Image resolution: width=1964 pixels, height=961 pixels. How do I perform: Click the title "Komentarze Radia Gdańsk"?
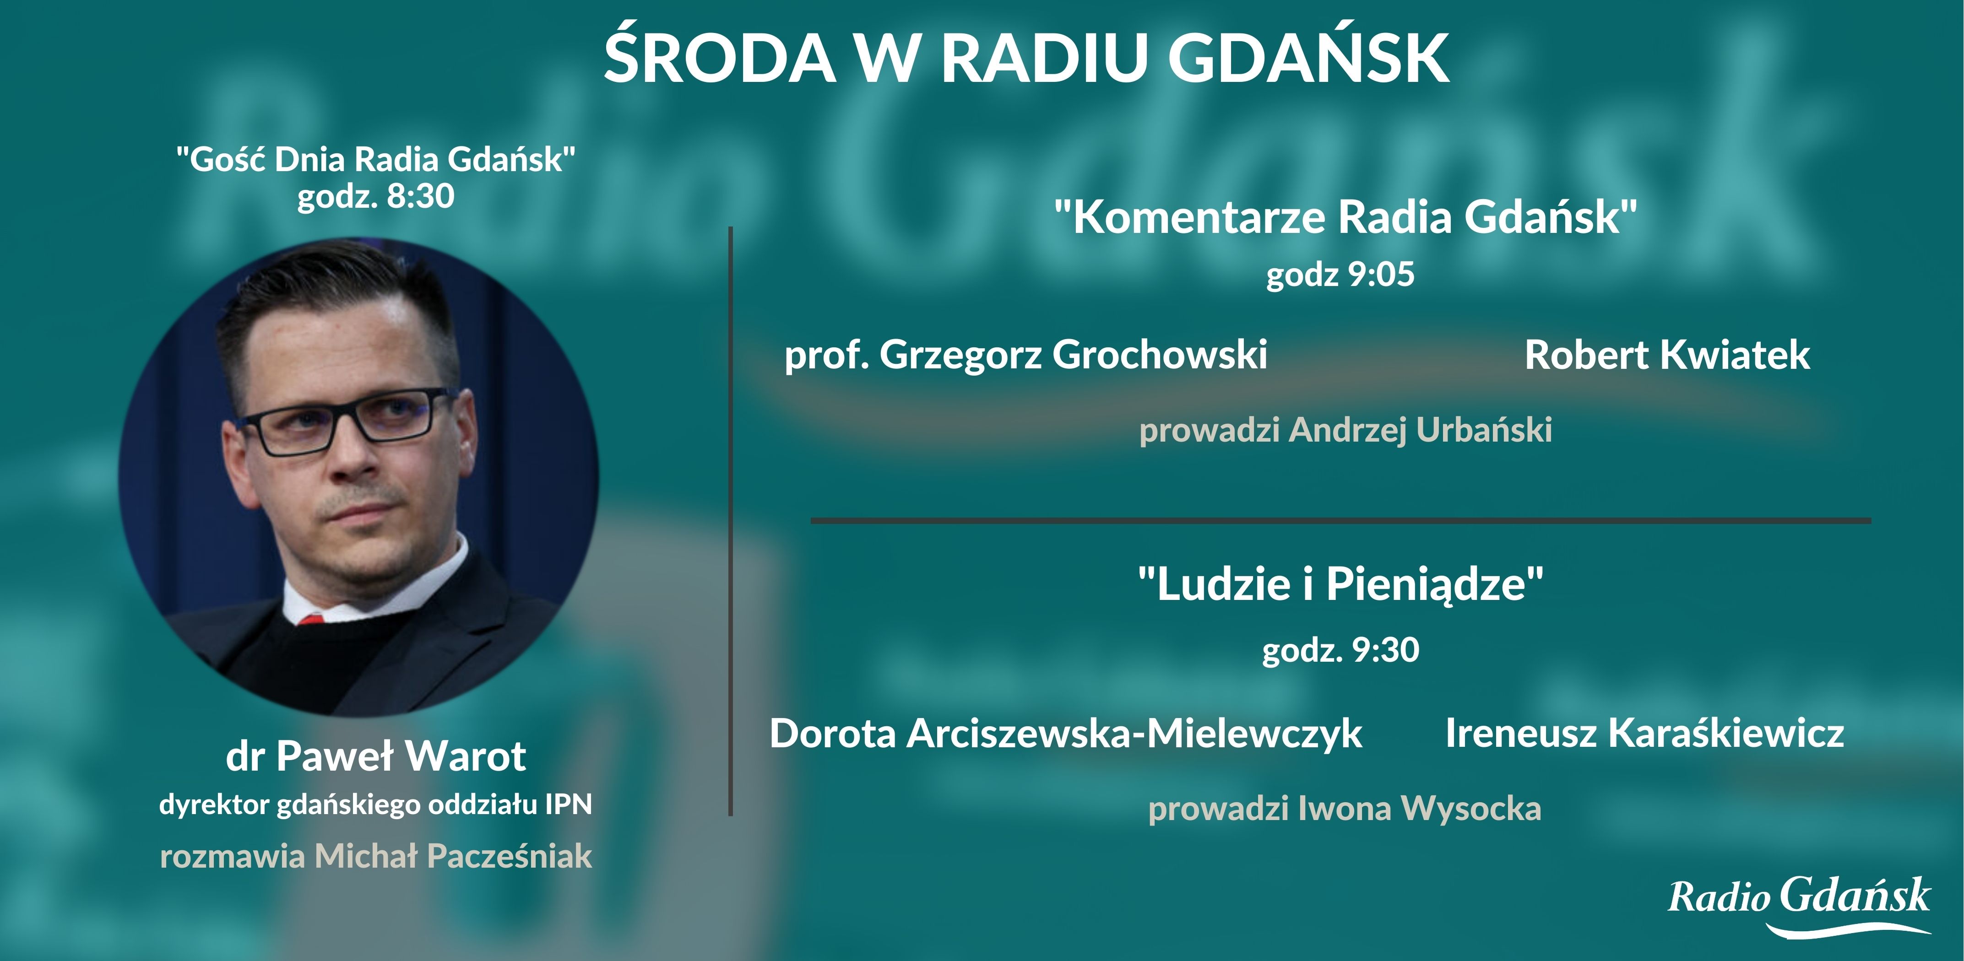[x=1345, y=217]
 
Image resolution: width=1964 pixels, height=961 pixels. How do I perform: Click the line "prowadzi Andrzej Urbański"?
[x=1345, y=430]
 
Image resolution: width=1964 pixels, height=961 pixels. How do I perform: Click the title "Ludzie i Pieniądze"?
[x=1340, y=584]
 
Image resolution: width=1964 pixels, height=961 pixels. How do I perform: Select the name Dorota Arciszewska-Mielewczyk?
[x=1065, y=733]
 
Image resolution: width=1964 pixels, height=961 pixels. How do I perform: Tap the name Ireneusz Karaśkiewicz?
[x=1644, y=733]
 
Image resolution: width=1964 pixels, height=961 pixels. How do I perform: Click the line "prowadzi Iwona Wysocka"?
[x=1344, y=809]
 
